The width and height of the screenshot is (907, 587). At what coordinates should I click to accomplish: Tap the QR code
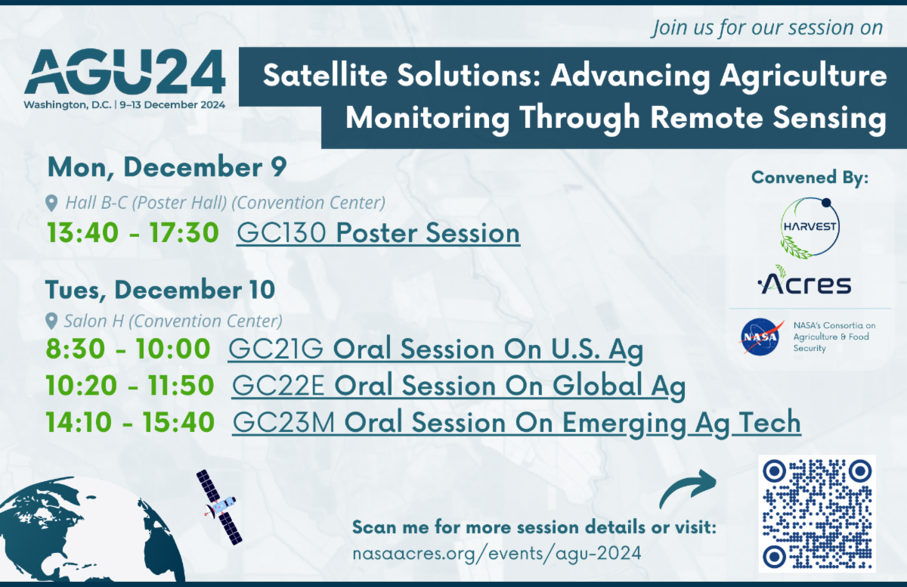[x=817, y=514]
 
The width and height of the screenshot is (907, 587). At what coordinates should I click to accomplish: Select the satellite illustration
[x=219, y=507]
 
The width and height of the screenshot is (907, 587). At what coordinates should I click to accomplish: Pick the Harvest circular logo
[x=809, y=227]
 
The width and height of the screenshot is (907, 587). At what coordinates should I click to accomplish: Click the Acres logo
[x=804, y=281]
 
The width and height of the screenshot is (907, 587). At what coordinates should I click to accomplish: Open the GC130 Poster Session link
[x=378, y=233]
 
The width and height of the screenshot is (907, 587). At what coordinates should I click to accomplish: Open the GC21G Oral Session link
[x=435, y=349]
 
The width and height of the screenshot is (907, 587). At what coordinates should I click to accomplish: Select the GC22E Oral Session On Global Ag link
[x=458, y=385]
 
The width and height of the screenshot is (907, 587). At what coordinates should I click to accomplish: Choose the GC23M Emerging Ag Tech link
[x=517, y=423]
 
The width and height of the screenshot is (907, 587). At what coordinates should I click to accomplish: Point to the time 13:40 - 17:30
[x=133, y=233]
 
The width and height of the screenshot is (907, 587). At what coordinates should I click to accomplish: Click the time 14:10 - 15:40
[x=130, y=422]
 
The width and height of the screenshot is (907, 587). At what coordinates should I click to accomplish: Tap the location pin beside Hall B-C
[x=51, y=203]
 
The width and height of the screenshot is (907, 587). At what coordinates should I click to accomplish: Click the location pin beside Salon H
[x=51, y=321]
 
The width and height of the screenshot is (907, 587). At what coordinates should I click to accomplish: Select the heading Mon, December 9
[x=167, y=167]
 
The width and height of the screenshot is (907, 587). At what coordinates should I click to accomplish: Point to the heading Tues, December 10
[x=160, y=290]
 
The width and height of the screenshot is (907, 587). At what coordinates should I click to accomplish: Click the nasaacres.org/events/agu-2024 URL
[x=497, y=553]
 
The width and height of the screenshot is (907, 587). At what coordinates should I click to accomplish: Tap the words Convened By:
[x=809, y=178]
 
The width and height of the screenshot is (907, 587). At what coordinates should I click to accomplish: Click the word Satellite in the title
[x=325, y=76]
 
